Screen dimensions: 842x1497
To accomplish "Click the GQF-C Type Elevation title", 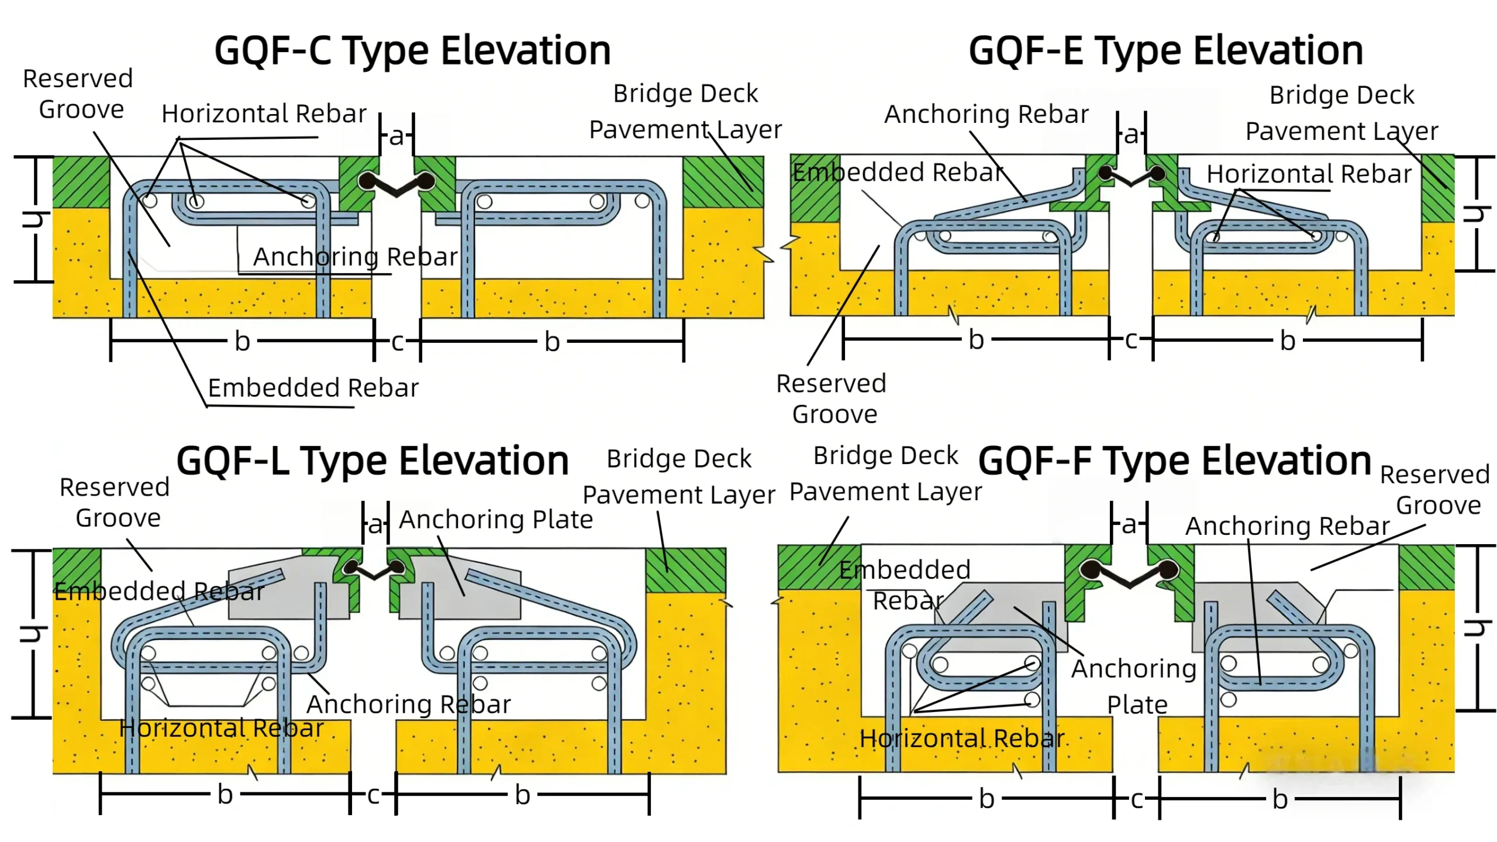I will pos(412,50).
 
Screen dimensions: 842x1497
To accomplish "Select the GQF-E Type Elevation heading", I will pos(1165,50).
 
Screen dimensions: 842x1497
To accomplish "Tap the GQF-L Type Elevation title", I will pos(372,461).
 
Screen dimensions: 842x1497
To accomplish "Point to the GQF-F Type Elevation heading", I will pos(1174,461).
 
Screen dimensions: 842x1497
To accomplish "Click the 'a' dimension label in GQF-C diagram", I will pos(396,136).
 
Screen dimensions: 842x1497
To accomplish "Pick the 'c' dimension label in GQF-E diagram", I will pos(1131,339).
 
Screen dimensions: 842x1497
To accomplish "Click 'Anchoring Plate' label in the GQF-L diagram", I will pos(495,520).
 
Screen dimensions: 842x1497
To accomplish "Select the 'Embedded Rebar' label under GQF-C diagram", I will pos(313,388).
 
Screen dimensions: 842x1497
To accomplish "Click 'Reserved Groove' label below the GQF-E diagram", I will pos(832,399).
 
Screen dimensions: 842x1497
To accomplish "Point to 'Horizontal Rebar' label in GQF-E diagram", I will pos(1309,174).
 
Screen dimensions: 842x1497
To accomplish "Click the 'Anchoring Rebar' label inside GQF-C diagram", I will pos(355,257).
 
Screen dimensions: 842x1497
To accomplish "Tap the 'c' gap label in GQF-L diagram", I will pos(373,795).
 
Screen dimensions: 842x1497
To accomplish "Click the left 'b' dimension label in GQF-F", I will pos(986,799).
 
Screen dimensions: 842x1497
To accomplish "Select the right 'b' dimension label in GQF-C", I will pos(552,341).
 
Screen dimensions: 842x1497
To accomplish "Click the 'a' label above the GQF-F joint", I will pos(1129,524).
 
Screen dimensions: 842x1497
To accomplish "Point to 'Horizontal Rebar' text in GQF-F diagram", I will pos(961,738).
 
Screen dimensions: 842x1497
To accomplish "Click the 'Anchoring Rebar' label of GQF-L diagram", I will pos(408,704).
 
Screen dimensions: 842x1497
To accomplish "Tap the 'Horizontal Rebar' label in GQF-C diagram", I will pos(264,114).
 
